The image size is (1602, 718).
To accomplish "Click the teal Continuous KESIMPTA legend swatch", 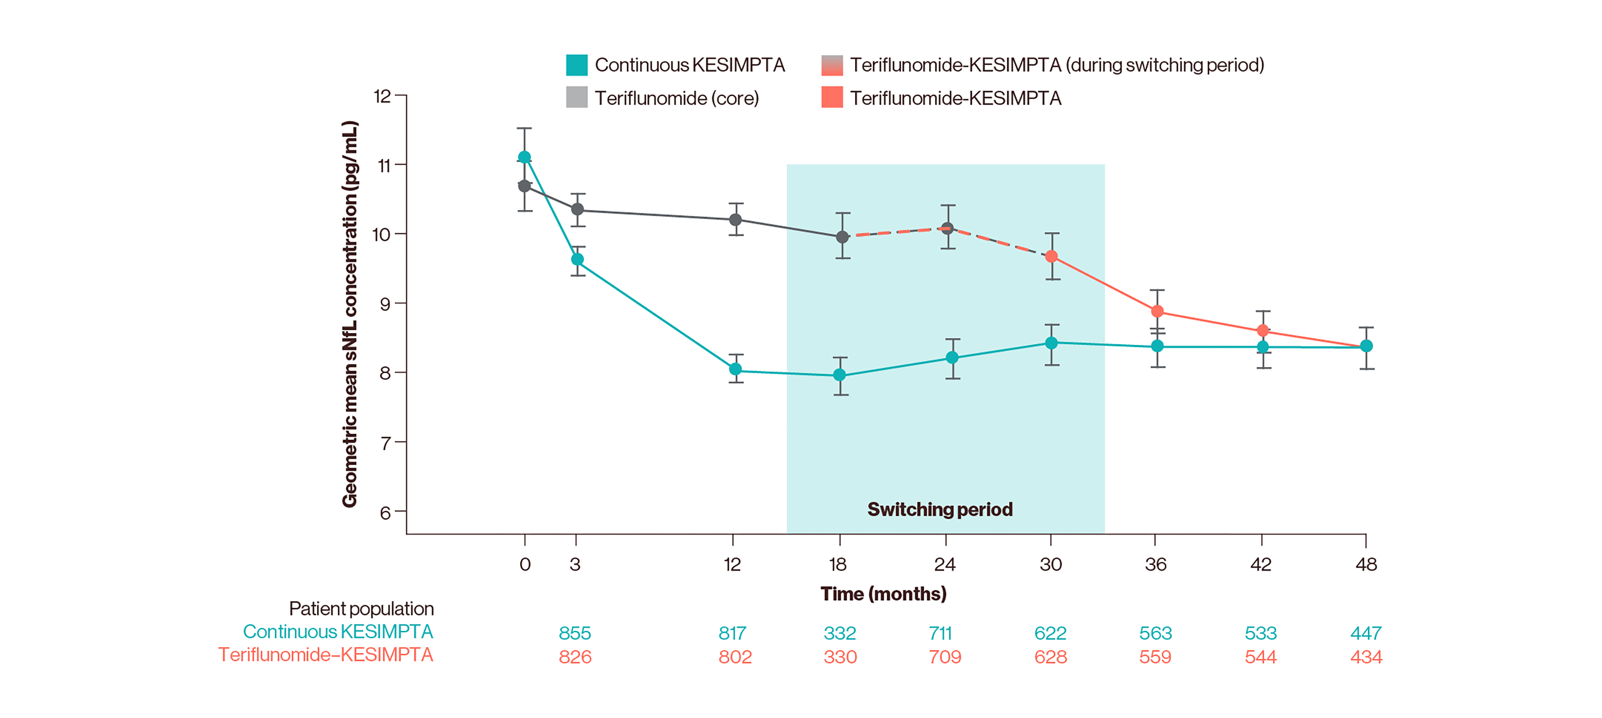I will (576, 65).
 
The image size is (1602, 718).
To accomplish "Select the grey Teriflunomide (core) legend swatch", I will (576, 97).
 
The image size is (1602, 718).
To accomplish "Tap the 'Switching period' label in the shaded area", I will (940, 509).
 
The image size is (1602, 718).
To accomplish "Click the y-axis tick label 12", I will (382, 96).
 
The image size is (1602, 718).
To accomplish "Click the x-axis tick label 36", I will (1155, 564).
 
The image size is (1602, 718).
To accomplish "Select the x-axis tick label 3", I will (575, 564).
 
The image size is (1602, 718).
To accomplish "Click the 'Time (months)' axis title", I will (883, 594).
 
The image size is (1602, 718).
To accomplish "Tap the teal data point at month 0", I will (524, 157).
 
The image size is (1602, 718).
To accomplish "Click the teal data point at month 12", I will (735, 369).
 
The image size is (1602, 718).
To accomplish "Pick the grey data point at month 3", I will (577, 209).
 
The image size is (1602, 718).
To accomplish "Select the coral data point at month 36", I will (1157, 311).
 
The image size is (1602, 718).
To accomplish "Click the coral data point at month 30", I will (1051, 256).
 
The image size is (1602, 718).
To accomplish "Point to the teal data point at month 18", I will (840, 375).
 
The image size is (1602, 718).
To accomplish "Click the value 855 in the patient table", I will (575, 633).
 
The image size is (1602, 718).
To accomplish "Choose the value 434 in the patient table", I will (1366, 656).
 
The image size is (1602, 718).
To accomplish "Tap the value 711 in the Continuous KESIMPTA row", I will (940, 633).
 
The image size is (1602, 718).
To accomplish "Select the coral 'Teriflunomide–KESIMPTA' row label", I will (325, 655).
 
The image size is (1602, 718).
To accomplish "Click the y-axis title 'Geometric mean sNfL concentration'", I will (349, 314).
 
